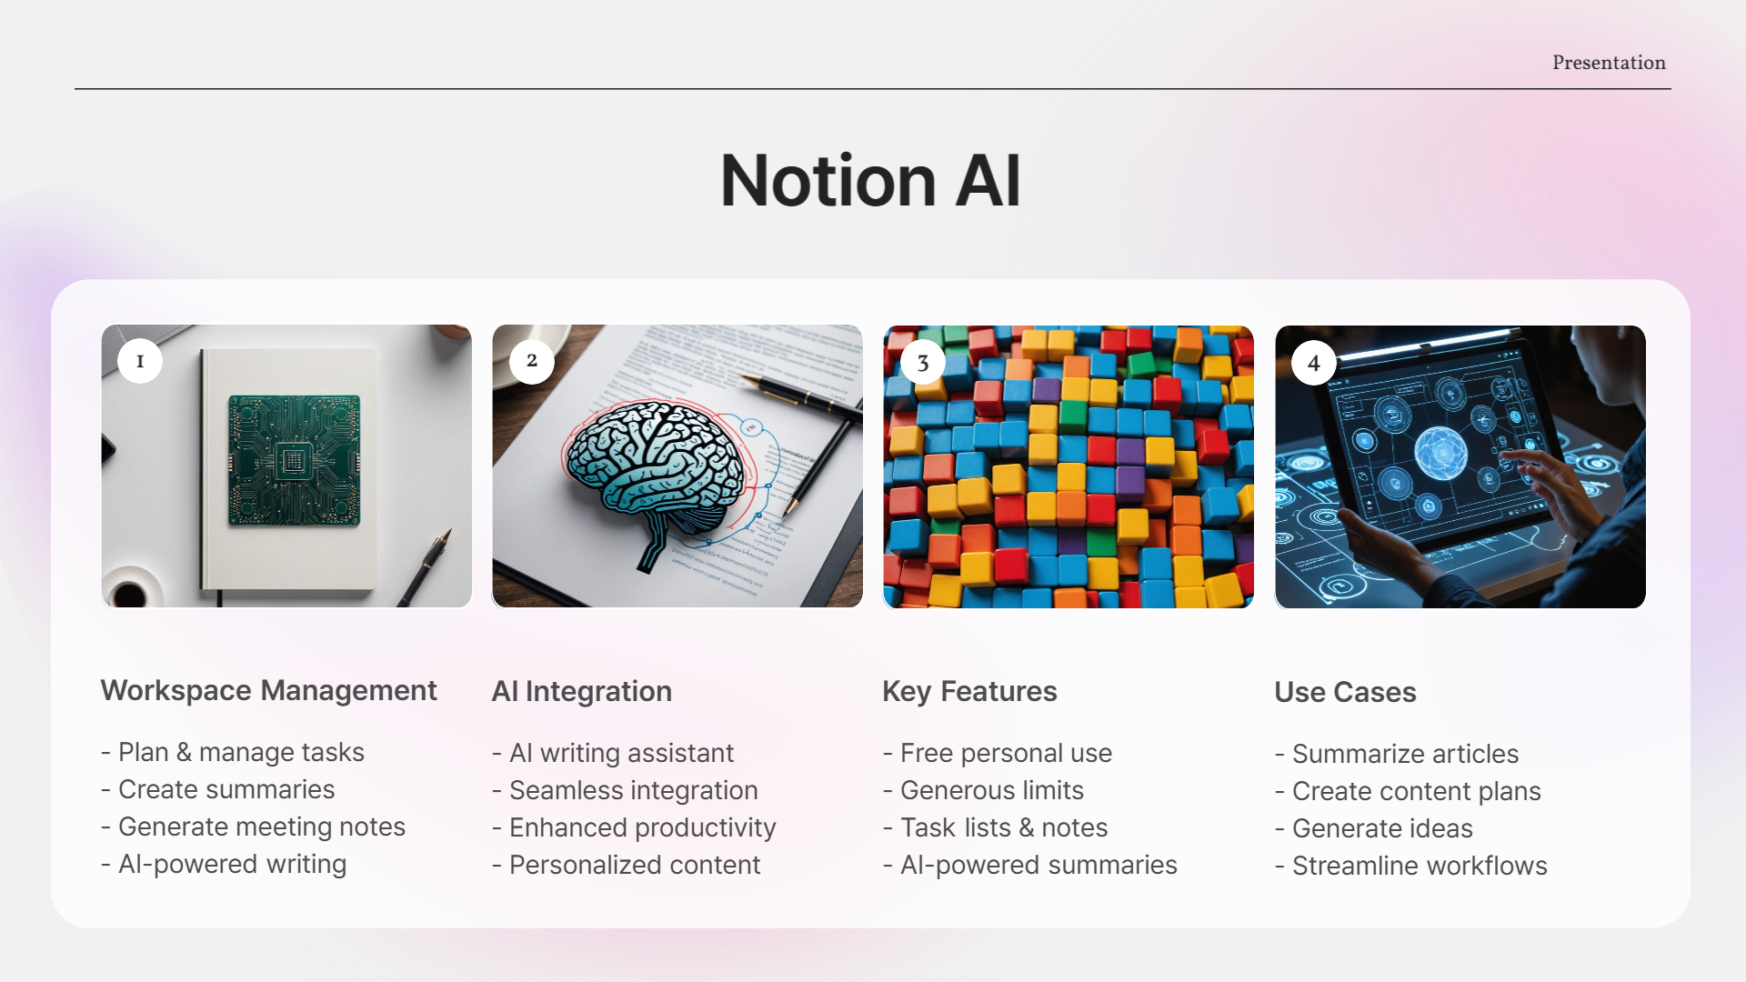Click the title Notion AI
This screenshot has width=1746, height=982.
click(x=870, y=180)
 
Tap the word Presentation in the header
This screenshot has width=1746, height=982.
click(x=1609, y=63)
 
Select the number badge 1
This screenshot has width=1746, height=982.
click(x=140, y=361)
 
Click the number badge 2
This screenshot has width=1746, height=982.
click(x=532, y=361)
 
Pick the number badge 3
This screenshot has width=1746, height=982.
click(x=923, y=363)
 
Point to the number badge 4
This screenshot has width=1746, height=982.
click(x=1314, y=363)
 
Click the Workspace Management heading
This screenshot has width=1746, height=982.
click(x=268, y=690)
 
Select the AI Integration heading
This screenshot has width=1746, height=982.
click(x=581, y=691)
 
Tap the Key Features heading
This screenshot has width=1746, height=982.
click(x=969, y=691)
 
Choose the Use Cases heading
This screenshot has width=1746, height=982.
click(x=1345, y=692)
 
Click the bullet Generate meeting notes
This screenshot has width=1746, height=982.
click(x=261, y=827)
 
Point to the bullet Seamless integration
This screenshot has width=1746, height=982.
click(x=633, y=790)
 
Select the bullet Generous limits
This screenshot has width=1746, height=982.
click(x=991, y=790)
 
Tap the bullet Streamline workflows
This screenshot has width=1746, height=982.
click(x=1419, y=866)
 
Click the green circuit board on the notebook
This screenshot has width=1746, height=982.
click(x=294, y=460)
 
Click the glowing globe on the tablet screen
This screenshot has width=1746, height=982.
click(x=1441, y=452)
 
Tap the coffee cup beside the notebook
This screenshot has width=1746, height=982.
click(x=130, y=592)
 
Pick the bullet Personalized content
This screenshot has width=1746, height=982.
click(x=634, y=865)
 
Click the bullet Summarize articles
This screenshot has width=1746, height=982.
click(x=1405, y=754)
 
